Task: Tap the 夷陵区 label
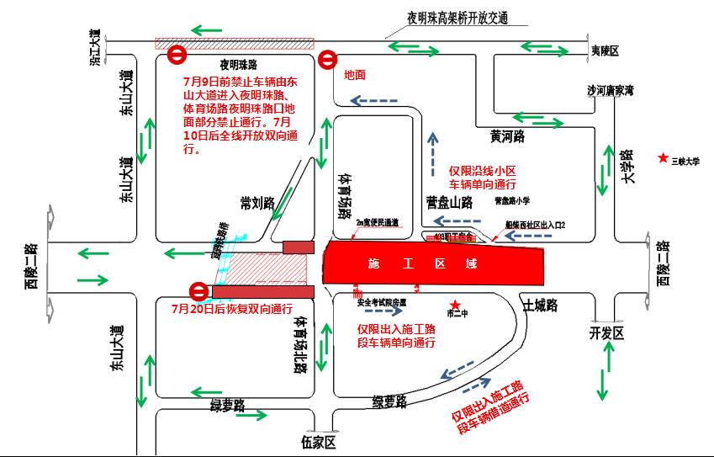point(605,52)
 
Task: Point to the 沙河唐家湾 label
point(610,90)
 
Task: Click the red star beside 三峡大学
point(664,158)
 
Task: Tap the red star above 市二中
point(455,305)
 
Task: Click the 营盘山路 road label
point(449,202)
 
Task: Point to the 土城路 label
point(540,305)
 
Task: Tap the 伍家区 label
point(319,443)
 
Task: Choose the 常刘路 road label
point(257,203)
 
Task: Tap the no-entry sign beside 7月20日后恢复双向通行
point(199,292)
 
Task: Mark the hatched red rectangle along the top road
point(234,43)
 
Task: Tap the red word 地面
point(355,75)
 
